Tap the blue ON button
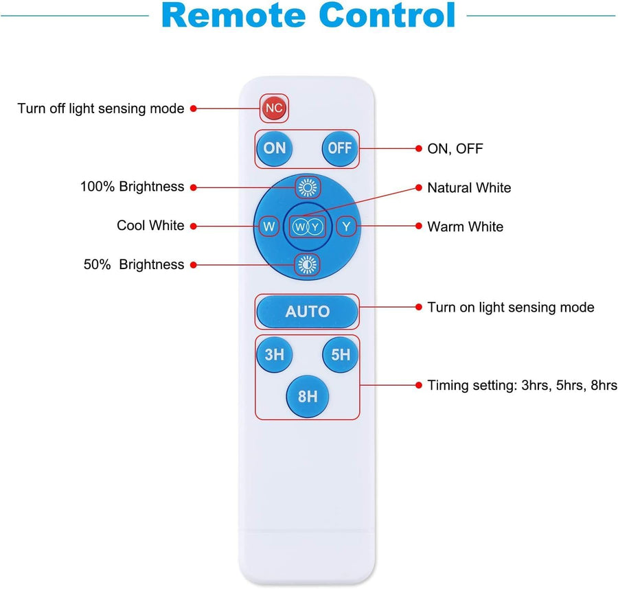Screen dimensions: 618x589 point(274,148)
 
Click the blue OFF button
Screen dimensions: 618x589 point(340,148)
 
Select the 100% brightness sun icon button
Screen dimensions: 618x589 point(308,187)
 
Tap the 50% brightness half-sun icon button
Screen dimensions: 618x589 point(308,265)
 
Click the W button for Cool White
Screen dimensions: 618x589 point(268,227)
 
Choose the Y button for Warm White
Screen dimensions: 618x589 point(346,227)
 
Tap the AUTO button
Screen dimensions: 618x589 point(308,312)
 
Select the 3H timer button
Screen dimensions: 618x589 point(274,355)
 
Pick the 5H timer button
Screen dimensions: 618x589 point(341,355)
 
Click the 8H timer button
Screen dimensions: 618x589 point(308,396)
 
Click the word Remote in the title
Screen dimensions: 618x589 point(233,15)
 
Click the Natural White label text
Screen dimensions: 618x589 point(469,188)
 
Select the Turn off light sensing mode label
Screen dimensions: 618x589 point(101,108)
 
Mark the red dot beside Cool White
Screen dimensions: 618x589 point(193,226)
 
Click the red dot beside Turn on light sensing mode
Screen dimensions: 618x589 point(419,307)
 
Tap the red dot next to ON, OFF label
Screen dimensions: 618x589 point(419,148)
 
